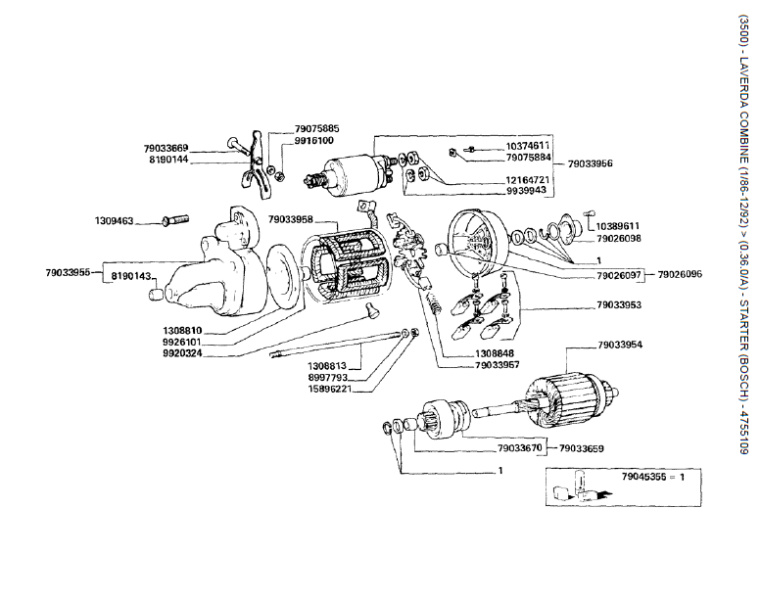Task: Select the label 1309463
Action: click(x=114, y=221)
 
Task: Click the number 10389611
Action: click(x=618, y=225)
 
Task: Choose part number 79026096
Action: click(x=680, y=275)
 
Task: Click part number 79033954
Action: click(x=619, y=346)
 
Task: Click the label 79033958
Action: click(x=290, y=219)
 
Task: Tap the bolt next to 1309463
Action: click(x=172, y=219)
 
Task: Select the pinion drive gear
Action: click(x=436, y=421)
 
